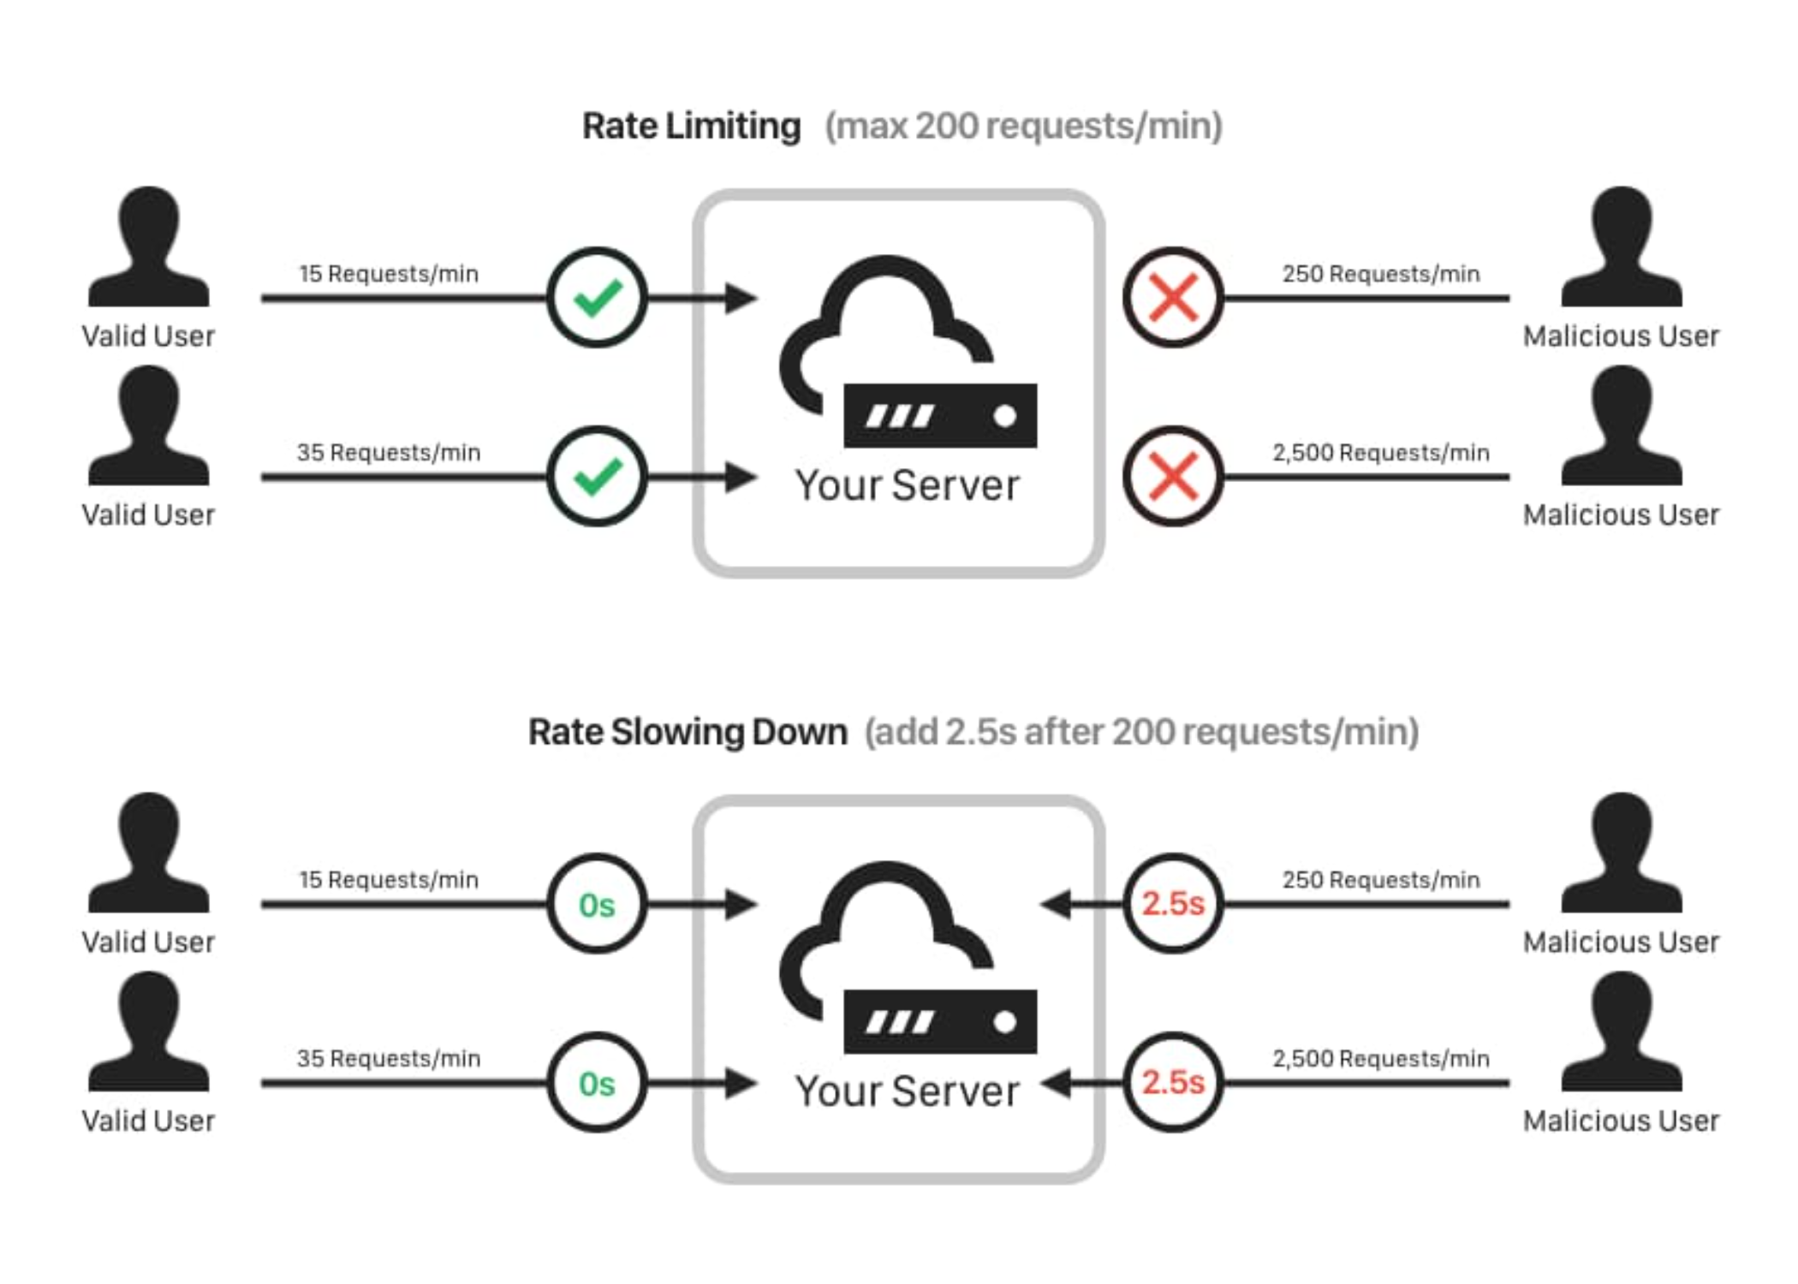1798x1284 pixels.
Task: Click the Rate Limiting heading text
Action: pyautogui.click(x=691, y=127)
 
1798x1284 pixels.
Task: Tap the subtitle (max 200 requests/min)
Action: pyautogui.click(x=1023, y=127)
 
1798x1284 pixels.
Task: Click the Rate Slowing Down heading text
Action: pyautogui.click(x=688, y=733)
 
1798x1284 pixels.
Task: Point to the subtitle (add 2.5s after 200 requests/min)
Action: pyautogui.click(x=1141, y=733)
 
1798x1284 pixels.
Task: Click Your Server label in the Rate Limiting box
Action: pyautogui.click(x=908, y=485)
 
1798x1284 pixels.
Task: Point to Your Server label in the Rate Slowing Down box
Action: pyautogui.click(x=908, y=1091)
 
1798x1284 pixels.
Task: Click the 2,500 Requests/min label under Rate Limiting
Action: pyautogui.click(x=1381, y=453)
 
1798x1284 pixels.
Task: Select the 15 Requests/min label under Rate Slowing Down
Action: pyautogui.click(x=389, y=880)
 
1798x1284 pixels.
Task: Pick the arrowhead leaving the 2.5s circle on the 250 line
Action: pyautogui.click(x=1057, y=904)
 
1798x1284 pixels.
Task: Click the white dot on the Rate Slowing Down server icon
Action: pyautogui.click(x=1005, y=1022)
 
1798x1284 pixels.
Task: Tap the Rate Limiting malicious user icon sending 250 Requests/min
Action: pyautogui.click(x=1622, y=247)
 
